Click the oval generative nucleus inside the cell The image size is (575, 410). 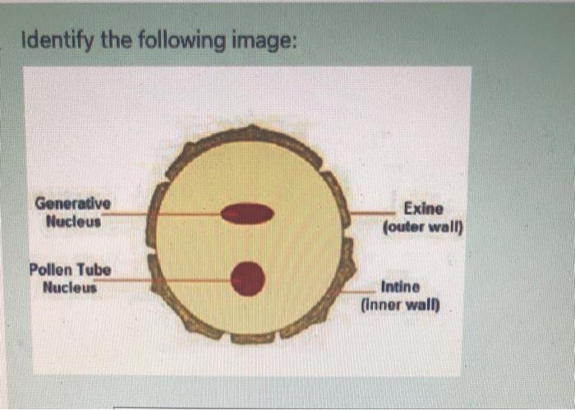(x=247, y=214)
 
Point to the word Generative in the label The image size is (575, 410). (x=72, y=204)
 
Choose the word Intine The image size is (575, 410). (x=400, y=288)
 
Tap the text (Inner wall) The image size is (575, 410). (x=400, y=306)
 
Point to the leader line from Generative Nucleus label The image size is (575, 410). (x=164, y=214)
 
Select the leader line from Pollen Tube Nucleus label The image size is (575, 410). (x=164, y=279)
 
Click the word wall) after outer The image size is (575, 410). (x=447, y=227)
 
